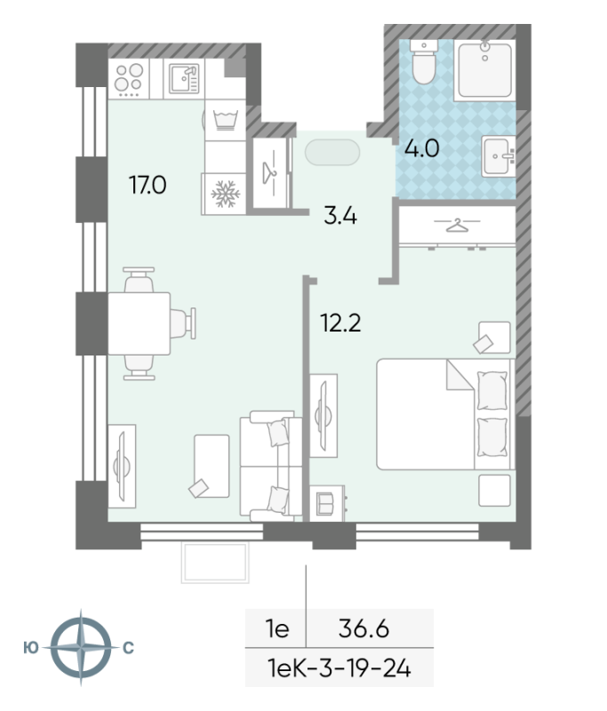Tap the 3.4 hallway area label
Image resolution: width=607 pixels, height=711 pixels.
point(339,215)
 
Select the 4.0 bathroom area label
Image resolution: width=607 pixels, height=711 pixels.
point(422,148)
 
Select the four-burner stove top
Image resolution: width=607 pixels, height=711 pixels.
point(129,78)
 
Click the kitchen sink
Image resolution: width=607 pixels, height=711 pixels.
point(185,78)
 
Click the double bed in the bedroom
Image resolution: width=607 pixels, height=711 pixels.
point(444,413)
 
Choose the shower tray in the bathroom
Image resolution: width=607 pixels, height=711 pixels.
point(486,69)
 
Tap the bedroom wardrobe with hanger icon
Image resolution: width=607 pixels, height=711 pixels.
point(456,227)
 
